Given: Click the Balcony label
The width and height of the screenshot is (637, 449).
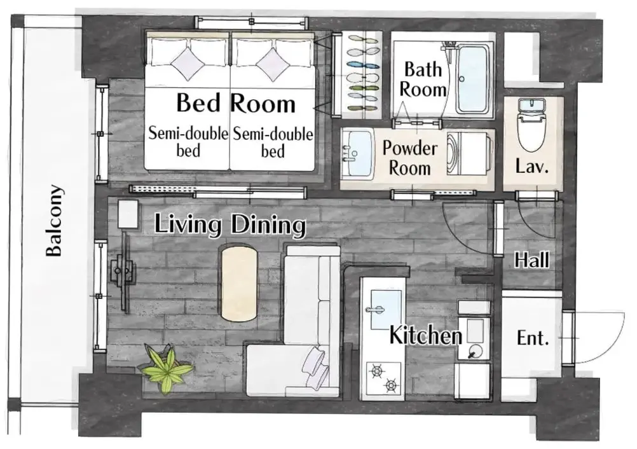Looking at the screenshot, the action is tap(55, 221).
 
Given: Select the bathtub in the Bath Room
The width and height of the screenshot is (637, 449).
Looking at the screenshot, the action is tap(472, 79).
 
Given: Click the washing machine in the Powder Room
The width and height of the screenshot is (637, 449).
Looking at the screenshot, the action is tap(469, 155).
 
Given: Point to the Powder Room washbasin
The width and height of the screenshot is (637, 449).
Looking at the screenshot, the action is tap(357, 153).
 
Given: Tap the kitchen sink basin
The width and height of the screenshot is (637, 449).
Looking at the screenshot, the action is tap(383, 310).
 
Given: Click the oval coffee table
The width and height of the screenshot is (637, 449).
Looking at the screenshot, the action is tap(239, 283).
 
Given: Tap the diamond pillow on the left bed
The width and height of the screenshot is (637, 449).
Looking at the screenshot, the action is tap(188, 64).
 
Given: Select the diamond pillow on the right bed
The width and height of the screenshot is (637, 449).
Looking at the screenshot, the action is tap(273, 64).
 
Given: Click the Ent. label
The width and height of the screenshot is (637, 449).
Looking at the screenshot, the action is tap(532, 338).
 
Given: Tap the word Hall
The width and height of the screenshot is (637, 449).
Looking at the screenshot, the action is tap(531, 260).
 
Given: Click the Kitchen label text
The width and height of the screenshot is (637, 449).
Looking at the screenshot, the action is tap(426, 335).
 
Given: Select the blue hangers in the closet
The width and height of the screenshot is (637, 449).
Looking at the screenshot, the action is tap(364, 65).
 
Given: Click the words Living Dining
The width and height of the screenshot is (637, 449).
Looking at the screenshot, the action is tap(230, 224).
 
